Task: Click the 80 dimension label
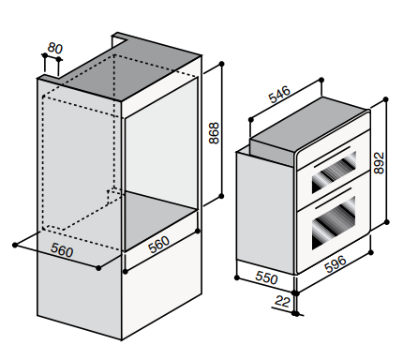click(55, 48)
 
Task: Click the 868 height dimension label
click(214, 133)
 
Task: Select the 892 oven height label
click(379, 163)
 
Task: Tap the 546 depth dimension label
click(279, 95)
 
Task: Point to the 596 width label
click(336, 264)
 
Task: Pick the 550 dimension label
click(266, 277)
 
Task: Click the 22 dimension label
click(282, 301)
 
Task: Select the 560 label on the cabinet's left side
click(62, 250)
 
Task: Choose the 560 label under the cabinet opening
click(159, 244)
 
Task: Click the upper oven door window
click(334, 172)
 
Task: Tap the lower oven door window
click(334, 222)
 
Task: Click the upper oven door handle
click(333, 155)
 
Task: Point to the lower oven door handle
click(334, 198)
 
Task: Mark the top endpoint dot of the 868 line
click(222, 64)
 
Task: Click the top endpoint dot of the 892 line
click(386, 99)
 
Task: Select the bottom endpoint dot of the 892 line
click(386, 222)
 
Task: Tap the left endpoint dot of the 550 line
click(237, 277)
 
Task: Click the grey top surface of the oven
click(309, 127)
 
